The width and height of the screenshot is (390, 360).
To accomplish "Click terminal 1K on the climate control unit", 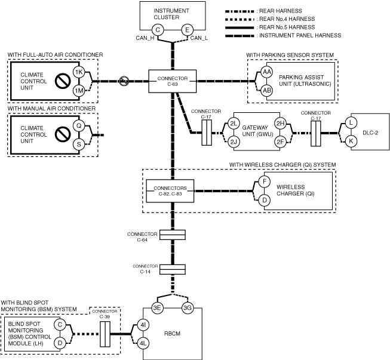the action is pyautogui.click(x=79, y=72).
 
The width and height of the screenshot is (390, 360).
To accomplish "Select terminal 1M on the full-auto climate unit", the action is pyautogui.click(x=79, y=91).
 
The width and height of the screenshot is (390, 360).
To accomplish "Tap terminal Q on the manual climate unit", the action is pyautogui.click(x=79, y=125).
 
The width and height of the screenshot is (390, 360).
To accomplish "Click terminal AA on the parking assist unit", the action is pyautogui.click(x=266, y=72).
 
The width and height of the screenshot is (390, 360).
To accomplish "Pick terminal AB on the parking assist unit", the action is pyautogui.click(x=266, y=91).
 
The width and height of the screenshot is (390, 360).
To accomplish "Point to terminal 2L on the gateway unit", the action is pyautogui.click(x=234, y=124).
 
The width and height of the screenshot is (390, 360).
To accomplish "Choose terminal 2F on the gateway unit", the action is pyautogui.click(x=280, y=142).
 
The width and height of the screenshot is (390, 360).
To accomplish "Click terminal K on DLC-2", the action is pyautogui.click(x=351, y=141).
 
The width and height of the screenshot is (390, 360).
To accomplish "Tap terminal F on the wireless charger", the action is pyautogui.click(x=264, y=181).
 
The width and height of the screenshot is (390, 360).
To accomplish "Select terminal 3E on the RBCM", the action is pyautogui.click(x=157, y=308).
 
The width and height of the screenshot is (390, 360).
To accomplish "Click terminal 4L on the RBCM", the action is pyautogui.click(x=143, y=343).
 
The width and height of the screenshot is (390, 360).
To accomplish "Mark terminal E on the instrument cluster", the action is pyautogui.click(x=187, y=30).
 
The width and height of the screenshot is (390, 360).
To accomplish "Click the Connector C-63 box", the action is pyautogui.click(x=173, y=81).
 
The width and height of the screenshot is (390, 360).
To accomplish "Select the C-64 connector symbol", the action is pyautogui.click(x=173, y=235).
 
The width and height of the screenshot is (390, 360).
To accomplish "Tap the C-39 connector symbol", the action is pyautogui.click(x=105, y=334).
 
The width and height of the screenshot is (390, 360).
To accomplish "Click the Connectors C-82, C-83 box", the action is pyautogui.click(x=170, y=191).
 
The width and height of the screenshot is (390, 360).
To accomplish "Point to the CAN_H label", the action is pyautogui.click(x=145, y=38).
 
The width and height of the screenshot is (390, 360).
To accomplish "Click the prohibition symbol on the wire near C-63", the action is pyautogui.click(x=124, y=81).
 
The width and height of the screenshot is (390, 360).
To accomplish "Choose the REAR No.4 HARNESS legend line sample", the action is pyautogui.click(x=239, y=19).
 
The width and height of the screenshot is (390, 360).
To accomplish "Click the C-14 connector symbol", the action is pyautogui.click(x=173, y=269).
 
